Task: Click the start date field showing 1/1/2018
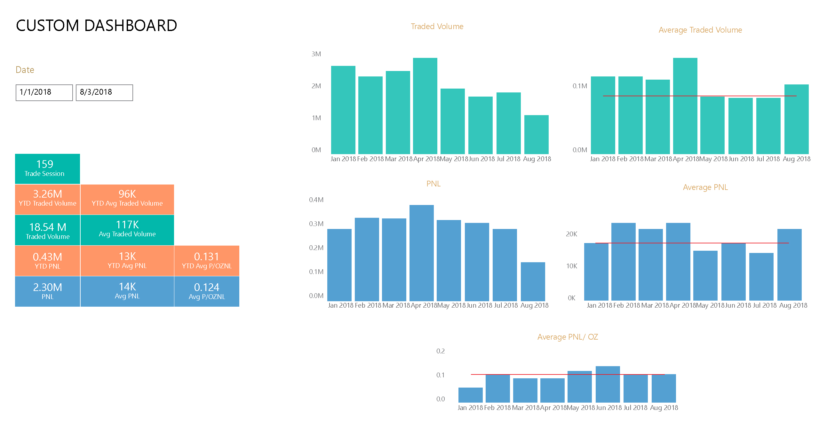coord(44,93)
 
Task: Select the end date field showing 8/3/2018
coord(104,93)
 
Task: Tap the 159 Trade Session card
coord(47,169)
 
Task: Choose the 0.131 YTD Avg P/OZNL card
coord(207,261)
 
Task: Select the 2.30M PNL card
coord(47,291)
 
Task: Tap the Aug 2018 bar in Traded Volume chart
coord(537,134)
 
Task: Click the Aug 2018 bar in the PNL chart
coord(533,281)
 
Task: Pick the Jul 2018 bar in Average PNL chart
coord(761,277)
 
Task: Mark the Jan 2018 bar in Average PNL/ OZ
coord(470,395)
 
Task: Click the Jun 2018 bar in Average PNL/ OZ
coord(608,384)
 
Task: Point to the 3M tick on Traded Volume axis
coord(316,54)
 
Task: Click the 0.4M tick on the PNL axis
coord(316,200)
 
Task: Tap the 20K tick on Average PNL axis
coord(571,234)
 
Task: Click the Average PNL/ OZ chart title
coord(568,337)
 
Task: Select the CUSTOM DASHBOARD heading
coord(96,26)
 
